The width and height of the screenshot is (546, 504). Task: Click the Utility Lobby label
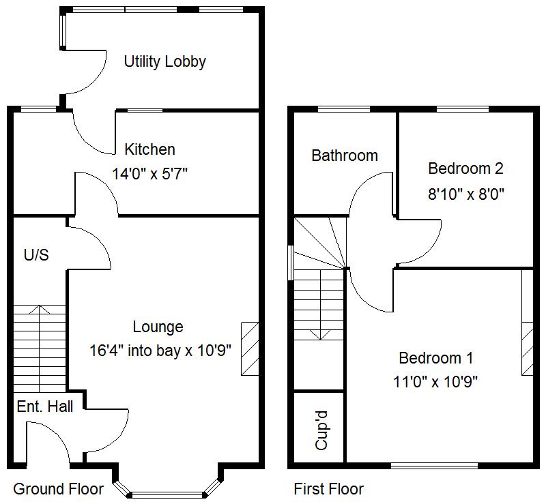[164, 61]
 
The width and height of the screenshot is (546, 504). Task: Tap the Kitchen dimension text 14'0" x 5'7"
[149, 174]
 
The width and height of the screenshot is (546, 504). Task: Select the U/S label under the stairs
[36, 255]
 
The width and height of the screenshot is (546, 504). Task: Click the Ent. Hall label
[44, 406]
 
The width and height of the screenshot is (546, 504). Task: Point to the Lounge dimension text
[160, 351]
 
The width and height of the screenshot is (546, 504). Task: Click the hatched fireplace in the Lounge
[250, 348]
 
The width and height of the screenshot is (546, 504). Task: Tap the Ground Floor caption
[59, 489]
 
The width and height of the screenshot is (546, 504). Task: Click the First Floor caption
[328, 489]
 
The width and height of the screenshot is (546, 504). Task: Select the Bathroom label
[345, 155]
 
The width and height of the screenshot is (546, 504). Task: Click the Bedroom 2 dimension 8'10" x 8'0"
[465, 194]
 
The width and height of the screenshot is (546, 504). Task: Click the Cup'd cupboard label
[321, 430]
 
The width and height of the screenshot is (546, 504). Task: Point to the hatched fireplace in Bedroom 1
[528, 348]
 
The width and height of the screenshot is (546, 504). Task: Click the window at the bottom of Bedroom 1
[436, 466]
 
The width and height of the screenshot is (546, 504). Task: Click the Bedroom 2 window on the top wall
[462, 109]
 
